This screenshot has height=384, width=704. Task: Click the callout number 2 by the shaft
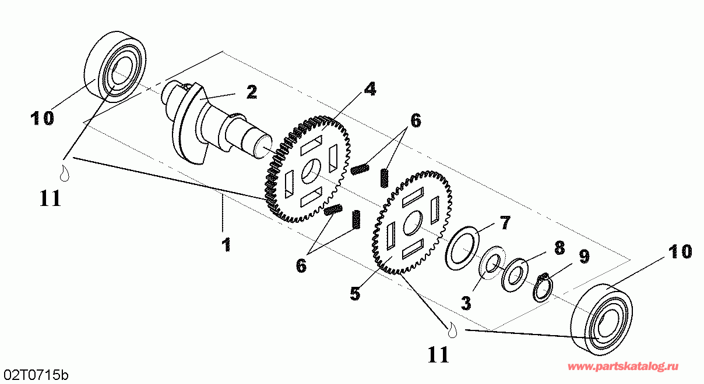[252, 93]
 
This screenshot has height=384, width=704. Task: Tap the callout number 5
[355, 294]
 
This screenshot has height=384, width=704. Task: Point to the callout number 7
[505, 223]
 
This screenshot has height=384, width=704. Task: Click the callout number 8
[559, 248]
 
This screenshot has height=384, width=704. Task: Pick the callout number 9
[584, 257]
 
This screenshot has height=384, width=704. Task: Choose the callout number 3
[466, 303]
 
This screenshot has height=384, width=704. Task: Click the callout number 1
[226, 245]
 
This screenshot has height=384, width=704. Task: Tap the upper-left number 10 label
[42, 118]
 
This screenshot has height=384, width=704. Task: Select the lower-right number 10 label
[680, 251]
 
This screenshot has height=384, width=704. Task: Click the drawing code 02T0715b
[36, 375]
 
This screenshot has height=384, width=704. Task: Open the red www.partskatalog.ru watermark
[623, 367]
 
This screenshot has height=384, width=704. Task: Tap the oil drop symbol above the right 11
[452, 331]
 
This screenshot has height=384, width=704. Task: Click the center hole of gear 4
[311, 171]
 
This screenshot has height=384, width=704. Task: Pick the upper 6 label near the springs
[416, 121]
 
